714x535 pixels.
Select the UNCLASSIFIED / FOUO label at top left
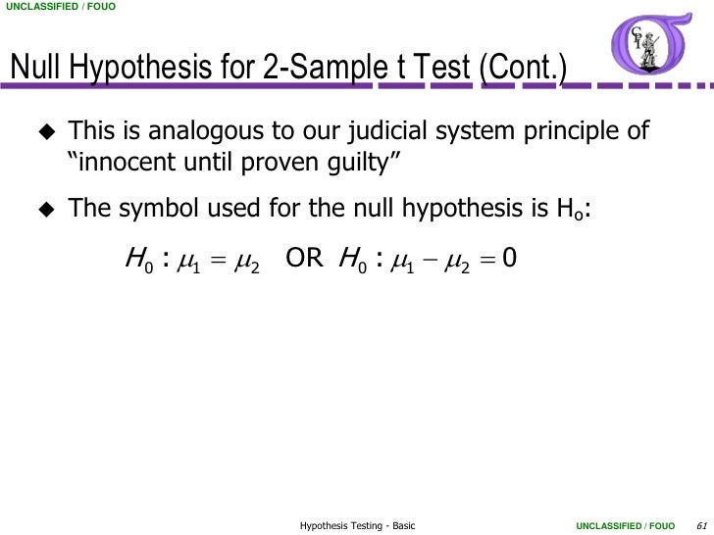click(x=59, y=10)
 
